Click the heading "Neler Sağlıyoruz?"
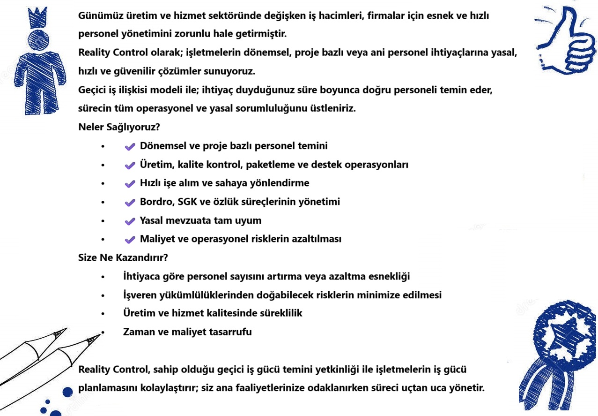tap(120, 127)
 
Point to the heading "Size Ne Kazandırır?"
tap(123, 257)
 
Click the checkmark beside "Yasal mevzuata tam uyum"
tap(130, 220)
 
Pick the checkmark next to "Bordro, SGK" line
tap(130, 202)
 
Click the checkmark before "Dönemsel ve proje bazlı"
tap(130, 146)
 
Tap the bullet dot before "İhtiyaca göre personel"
tap(103, 277)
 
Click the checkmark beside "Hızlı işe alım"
tap(130, 183)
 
